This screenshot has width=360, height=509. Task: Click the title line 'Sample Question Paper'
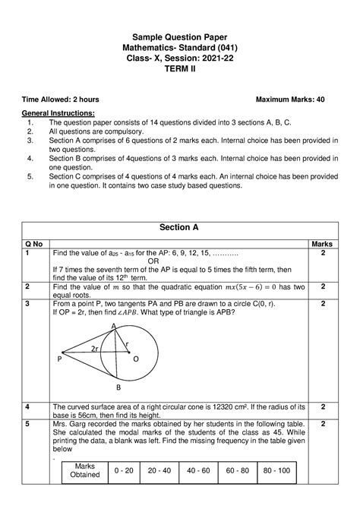point(180,36)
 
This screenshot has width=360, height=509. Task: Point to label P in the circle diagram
point(58,362)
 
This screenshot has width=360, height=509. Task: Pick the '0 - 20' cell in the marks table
point(124,470)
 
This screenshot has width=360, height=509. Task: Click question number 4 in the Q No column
point(27,407)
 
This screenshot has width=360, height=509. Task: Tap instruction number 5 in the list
point(29,175)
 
